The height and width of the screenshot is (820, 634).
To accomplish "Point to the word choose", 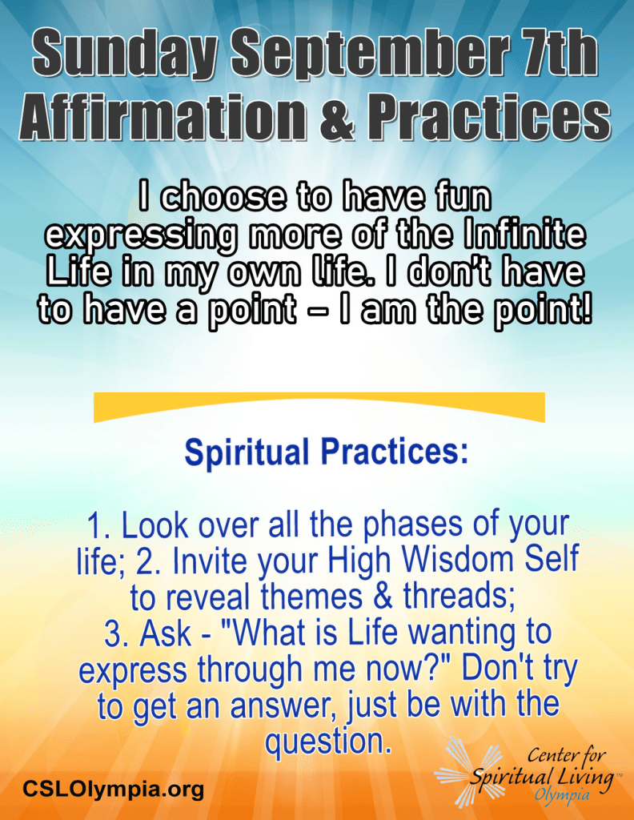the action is (223, 198).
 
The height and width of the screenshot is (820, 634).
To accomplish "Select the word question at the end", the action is (328, 742).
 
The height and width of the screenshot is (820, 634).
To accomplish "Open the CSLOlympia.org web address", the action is (113, 788).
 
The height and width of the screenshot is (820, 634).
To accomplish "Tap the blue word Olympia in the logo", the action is (562, 795).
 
